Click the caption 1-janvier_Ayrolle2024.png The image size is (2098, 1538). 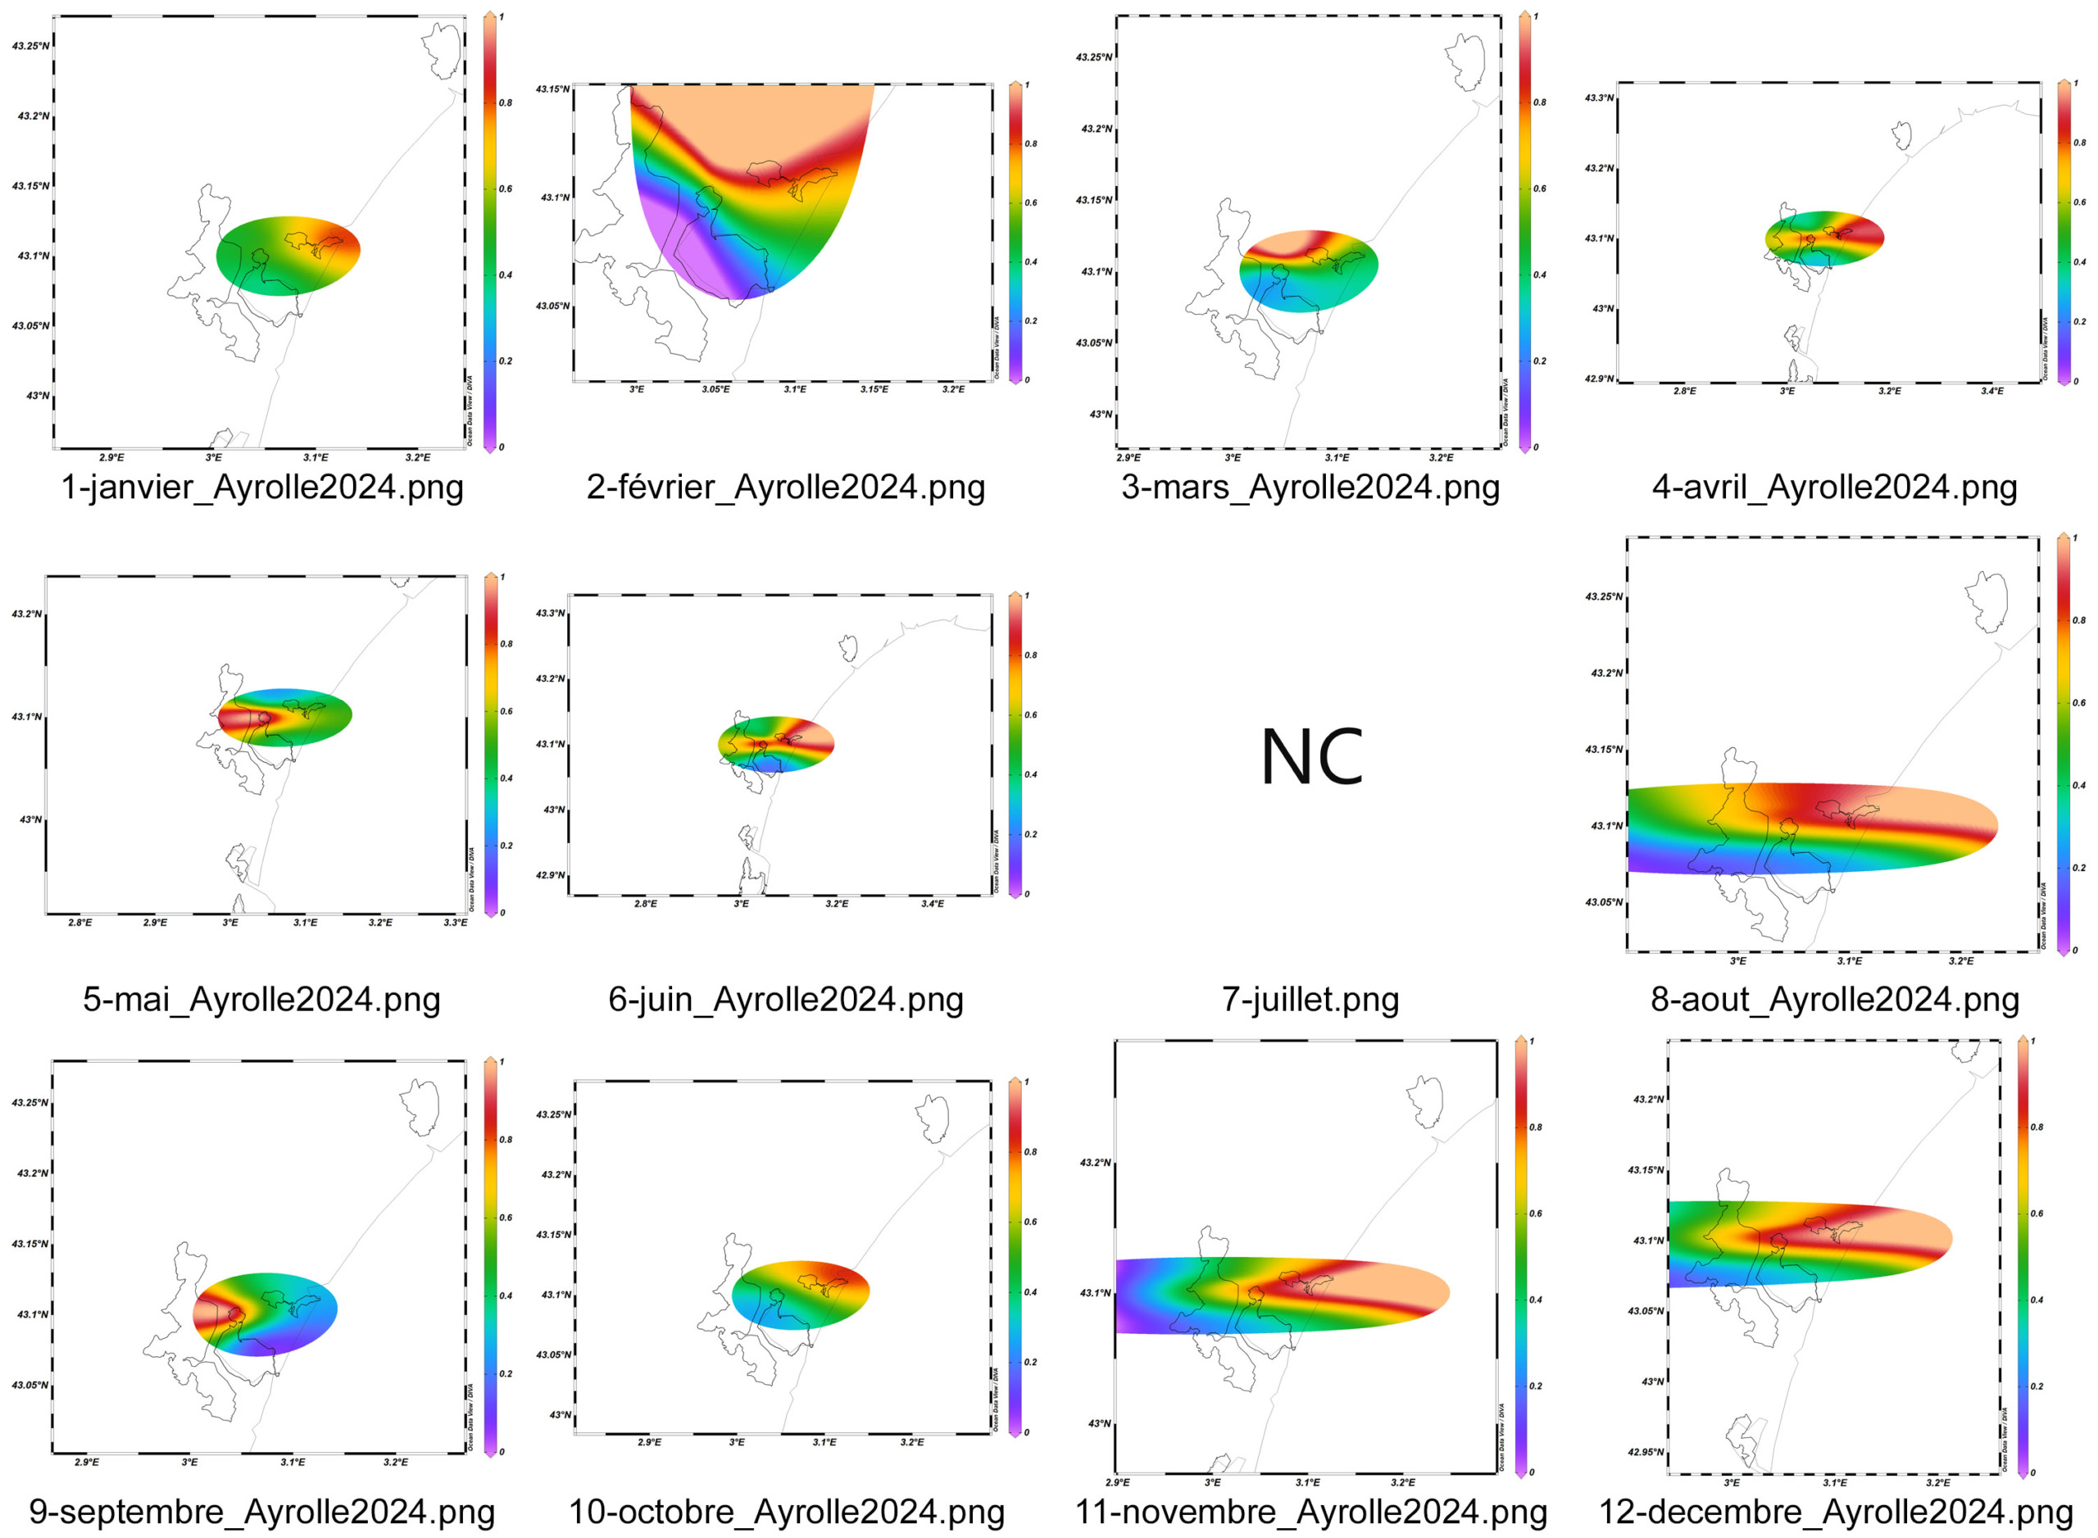pyautogui.click(x=261, y=488)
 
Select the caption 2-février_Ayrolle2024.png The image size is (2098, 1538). pyautogui.click(x=785, y=488)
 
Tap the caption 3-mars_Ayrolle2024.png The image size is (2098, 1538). pyautogui.click(x=1310, y=488)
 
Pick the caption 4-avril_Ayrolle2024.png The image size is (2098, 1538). pyautogui.click(x=1833, y=488)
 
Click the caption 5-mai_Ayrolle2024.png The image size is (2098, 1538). pyautogui.click(x=261, y=1000)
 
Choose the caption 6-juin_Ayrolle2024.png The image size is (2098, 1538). pyautogui.click(x=785, y=1000)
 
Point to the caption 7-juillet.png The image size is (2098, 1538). pyautogui.click(x=1310, y=1000)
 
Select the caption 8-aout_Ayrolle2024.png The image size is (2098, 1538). pyautogui.click(x=1833, y=1000)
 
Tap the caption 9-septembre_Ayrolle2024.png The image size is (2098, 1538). pyautogui.click(x=261, y=1512)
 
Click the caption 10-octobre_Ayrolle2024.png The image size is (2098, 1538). pyautogui.click(x=785, y=1512)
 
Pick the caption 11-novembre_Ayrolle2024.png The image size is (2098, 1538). pyautogui.click(x=1310, y=1512)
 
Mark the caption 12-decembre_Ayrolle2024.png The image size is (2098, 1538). pyautogui.click(x=1833, y=1512)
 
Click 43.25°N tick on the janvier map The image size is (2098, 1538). pyautogui.click(x=30, y=47)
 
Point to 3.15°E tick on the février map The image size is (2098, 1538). pyautogui.click(x=874, y=390)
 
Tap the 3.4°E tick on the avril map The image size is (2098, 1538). pyautogui.click(x=1991, y=392)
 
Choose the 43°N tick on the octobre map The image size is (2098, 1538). pyautogui.click(x=560, y=1416)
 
